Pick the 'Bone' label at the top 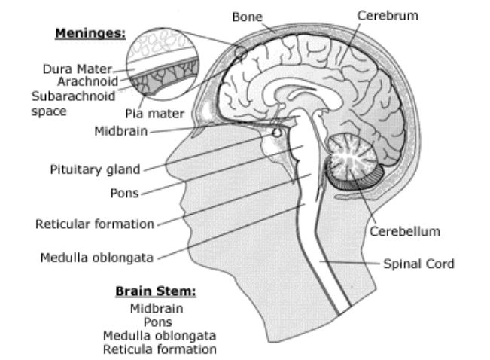point(247,16)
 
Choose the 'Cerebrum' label point(388,15)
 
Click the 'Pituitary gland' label point(95,169)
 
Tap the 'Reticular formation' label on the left point(95,223)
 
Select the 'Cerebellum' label point(404,231)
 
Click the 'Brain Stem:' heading point(160,291)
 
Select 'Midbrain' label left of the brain point(120,130)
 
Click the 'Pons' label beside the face point(124,192)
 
